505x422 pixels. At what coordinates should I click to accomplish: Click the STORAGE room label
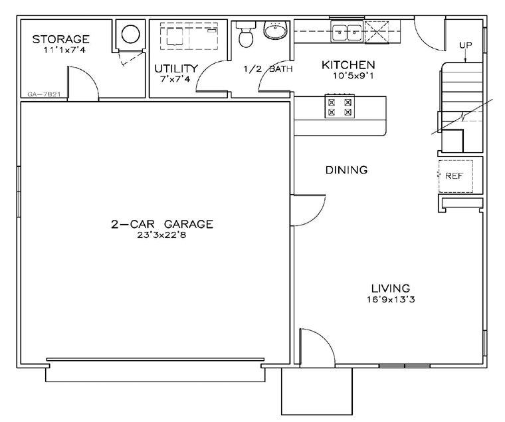tap(60, 39)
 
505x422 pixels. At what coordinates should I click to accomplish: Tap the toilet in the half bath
tap(246, 35)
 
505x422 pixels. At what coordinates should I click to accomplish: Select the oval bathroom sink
tap(276, 31)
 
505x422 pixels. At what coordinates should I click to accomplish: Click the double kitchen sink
tap(347, 32)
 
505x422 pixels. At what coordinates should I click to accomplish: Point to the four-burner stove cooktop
tap(340, 106)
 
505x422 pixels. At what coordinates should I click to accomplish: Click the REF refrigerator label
tap(454, 176)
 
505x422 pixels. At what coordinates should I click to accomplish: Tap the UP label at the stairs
tap(465, 45)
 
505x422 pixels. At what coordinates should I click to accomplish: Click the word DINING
tap(346, 169)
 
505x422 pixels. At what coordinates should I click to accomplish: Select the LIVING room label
tap(391, 288)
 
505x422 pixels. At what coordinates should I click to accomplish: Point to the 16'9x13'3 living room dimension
tap(391, 300)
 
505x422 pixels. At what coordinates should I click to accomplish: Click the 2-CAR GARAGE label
tap(162, 224)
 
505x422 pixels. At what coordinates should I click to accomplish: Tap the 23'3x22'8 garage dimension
tap(161, 235)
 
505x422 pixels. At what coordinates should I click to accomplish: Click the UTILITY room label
tap(176, 68)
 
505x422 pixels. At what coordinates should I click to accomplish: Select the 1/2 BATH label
tap(268, 68)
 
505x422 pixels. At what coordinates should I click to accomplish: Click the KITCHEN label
tap(348, 65)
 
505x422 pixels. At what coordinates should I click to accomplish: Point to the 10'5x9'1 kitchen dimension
tap(353, 76)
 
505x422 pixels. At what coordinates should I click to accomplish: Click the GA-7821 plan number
tap(44, 94)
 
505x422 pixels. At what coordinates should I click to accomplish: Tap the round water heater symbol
tap(131, 34)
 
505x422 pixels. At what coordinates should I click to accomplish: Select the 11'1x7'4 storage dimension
tap(64, 51)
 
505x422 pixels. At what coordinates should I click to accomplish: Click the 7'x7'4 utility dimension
tap(175, 79)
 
